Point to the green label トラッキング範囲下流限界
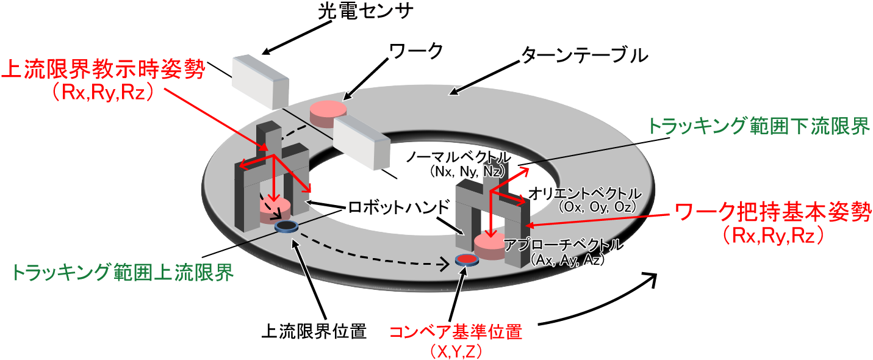click(x=759, y=127)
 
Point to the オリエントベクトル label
click(x=585, y=193)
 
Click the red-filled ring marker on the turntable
click(x=467, y=260)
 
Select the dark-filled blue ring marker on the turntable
click(x=286, y=226)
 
